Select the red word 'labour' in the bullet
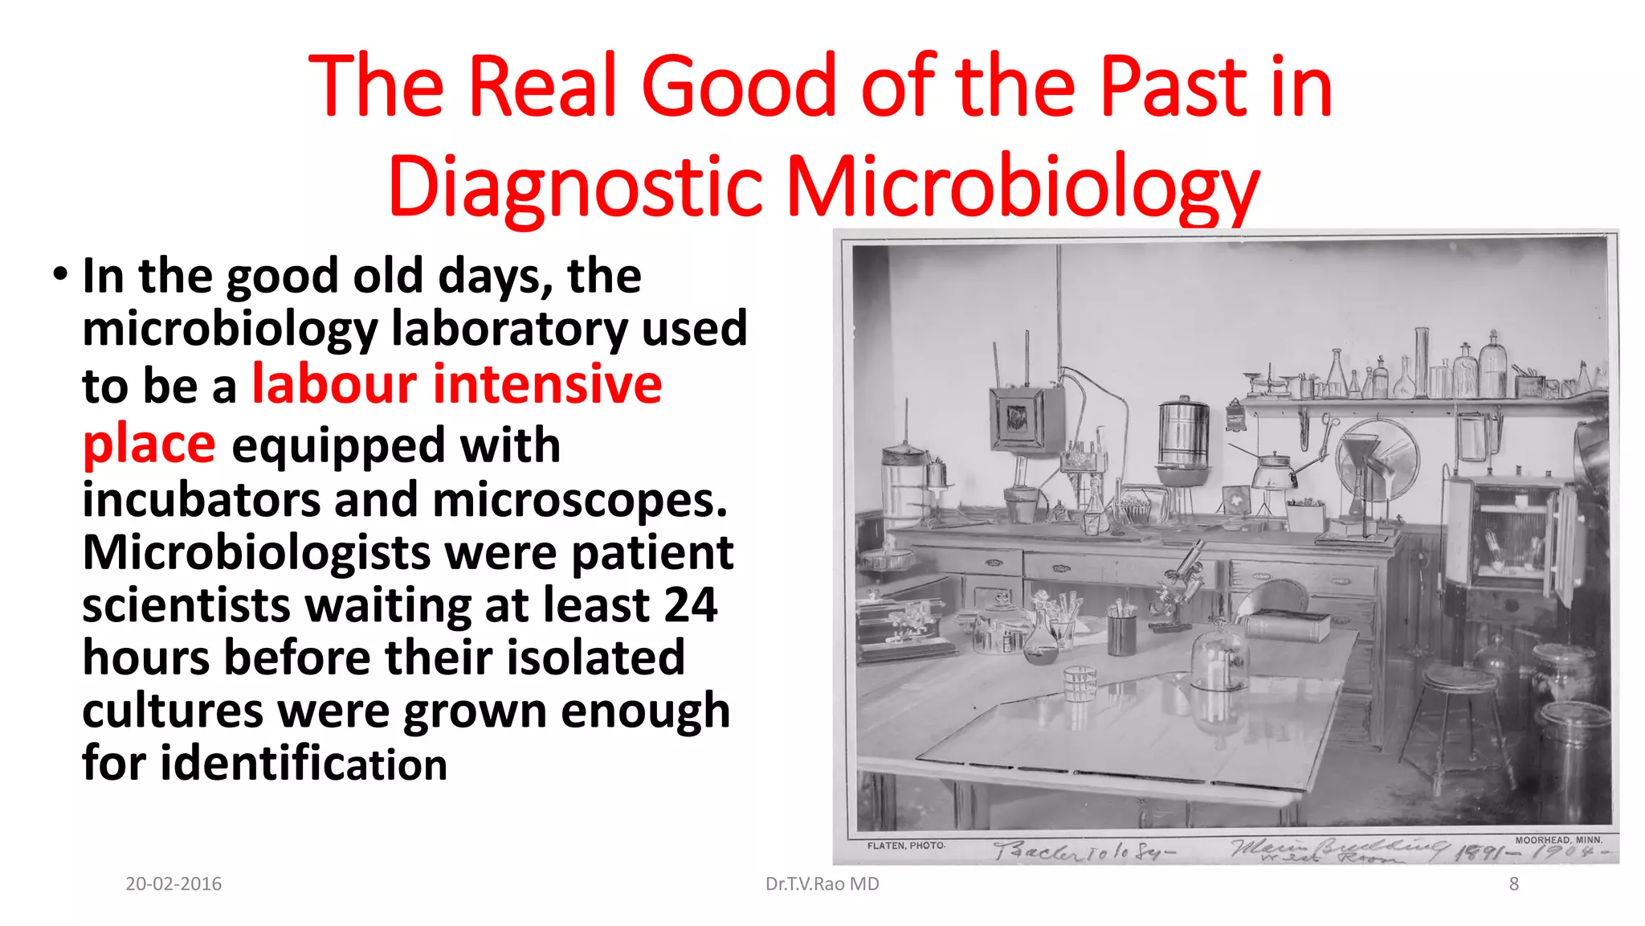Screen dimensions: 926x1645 (334, 384)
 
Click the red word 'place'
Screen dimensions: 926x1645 (149, 444)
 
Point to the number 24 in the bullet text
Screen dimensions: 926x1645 (690, 604)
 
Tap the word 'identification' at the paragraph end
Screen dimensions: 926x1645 (304, 763)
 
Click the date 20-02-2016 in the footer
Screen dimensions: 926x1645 (173, 884)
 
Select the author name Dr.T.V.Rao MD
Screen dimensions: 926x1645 (822, 884)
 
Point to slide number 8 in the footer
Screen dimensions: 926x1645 (1513, 884)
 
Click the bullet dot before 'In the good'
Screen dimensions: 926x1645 (60, 275)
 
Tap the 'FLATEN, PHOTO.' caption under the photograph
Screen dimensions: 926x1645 (905, 846)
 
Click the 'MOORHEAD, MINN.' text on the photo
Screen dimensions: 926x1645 (1558, 840)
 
